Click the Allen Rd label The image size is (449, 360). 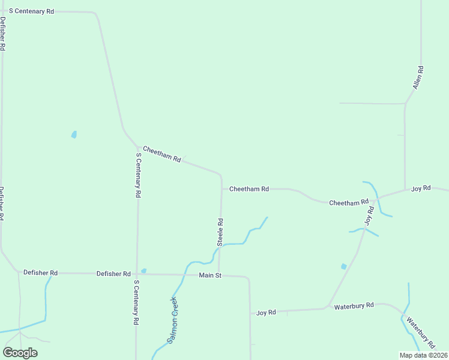click(x=418, y=78)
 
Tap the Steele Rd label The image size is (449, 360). click(x=220, y=232)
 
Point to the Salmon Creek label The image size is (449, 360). click(x=173, y=320)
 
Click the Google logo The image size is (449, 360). click(x=20, y=353)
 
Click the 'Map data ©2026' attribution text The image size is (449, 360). click(x=424, y=355)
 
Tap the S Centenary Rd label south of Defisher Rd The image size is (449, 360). click(x=137, y=302)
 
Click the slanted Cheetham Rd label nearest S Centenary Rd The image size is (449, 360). click(x=162, y=154)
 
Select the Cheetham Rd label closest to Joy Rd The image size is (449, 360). click(x=348, y=203)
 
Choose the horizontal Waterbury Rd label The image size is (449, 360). click(x=354, y=305)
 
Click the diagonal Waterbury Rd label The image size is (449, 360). click(x=420, y=332)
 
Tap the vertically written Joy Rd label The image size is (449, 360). click(x=370, y=215)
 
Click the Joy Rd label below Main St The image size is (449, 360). click(x=266, y=313)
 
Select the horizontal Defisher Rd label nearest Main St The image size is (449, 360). click(x=113, y=274)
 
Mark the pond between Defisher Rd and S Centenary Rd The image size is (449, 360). click(x=74, y=134)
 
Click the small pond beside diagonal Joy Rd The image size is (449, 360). click(x=344, y=266)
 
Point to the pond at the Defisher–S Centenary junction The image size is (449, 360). click(x=143, y=271)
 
